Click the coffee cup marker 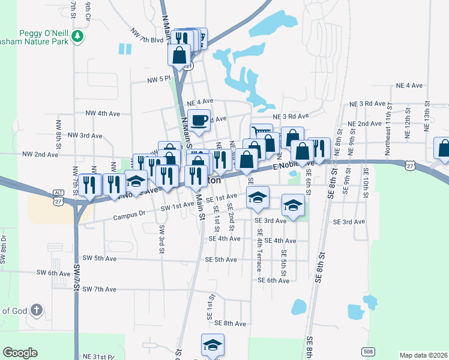(x=199, y=120)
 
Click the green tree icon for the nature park (x=77, y=37)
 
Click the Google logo (x=20, y=353)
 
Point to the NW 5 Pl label (x=160, y=79)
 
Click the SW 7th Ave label (x=100, y=289)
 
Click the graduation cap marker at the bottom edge (x=212, y=346)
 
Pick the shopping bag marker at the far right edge (x=443, y=149)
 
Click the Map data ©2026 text (x=423, y=355)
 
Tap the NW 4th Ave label (x=104, y=113)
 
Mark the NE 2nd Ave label (x=364, y=124)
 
